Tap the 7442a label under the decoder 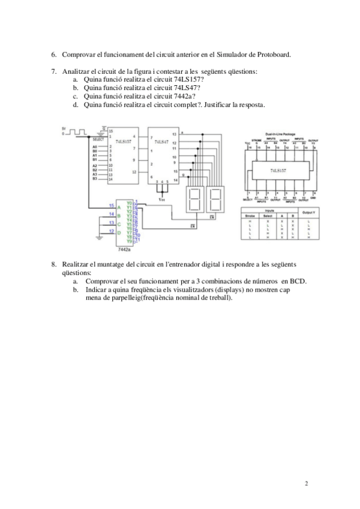(124, 248)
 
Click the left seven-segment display (194, 199)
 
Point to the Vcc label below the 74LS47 (160, 199)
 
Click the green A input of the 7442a (119, 206)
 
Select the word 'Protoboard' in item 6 (274, 55)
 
